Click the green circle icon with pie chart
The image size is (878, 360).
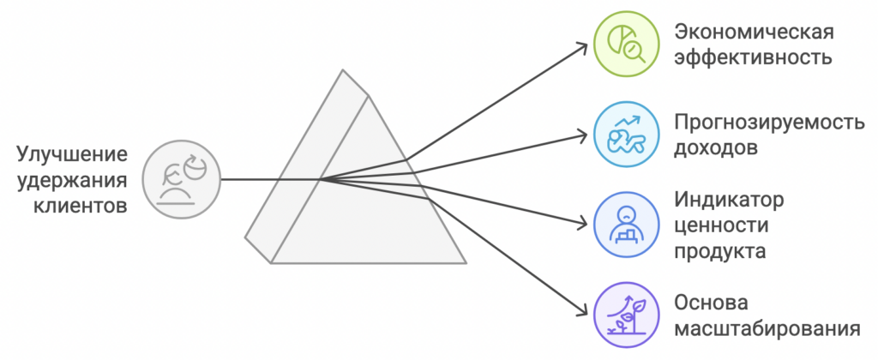click(628, 45)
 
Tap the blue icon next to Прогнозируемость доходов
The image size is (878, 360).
click(628, 135)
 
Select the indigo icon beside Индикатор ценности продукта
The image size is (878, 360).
click(628, 225)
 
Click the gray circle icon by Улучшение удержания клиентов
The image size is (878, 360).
click(181, 179)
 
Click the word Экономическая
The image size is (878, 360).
click(755, 33)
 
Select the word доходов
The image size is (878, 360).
click(716, 147)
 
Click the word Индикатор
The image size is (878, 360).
click(730, 201)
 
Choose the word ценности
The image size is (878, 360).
click(720, 226)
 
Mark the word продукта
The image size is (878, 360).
click(719, 252)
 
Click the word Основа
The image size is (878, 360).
click(713, 303)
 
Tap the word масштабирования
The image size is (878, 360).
click(767, 329)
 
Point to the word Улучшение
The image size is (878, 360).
click(72, 155)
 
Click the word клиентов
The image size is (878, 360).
click(81, 206)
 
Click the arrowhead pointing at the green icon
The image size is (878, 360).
click(586, 48)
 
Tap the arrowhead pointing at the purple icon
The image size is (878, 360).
click(586, 313)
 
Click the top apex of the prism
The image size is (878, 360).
click(346, 71)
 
